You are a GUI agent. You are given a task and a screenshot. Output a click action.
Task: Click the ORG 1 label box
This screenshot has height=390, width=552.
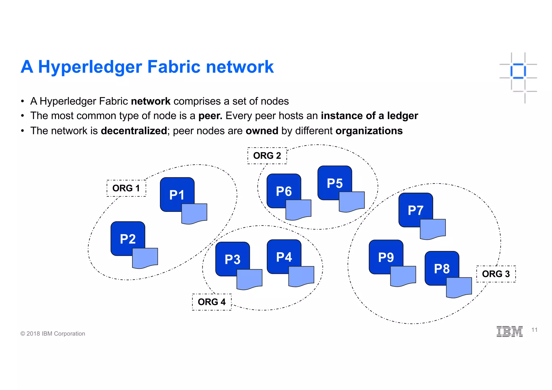(126, 188)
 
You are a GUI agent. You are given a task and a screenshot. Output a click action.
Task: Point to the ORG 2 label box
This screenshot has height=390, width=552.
(267, 156)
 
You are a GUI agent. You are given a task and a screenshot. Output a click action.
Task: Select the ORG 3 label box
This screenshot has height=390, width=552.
(496, 274)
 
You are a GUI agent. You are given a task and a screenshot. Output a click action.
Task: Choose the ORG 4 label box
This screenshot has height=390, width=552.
(212, 302)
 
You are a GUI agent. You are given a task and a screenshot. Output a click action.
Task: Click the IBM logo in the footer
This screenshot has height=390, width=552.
(509, 331)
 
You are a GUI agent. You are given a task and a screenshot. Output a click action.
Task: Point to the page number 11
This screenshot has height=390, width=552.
(534, 330)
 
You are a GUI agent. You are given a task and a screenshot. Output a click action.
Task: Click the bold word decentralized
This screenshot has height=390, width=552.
(134, 131)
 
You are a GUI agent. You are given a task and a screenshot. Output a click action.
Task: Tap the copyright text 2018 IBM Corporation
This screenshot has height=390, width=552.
(53, 334)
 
